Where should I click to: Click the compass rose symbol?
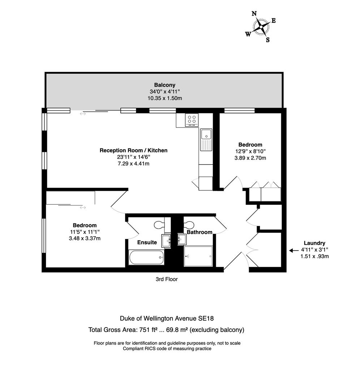pyautogui.click(x=261, y=27)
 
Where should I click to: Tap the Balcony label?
pyautogui.click(x=164, y=85)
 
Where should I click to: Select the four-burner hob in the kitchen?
pyautogui.click(x=192, y=120)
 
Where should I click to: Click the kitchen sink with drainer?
pyautogui.click(x=206, y=140)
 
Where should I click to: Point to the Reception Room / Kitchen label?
pyautogui.click(x=133, y=150)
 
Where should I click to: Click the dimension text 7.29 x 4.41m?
pyautogui.click(x=133, y=164)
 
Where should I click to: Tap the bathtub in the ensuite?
pyautogui.click(x=146, y=257)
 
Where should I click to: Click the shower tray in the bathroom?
pyautogui.click(x=198, y=256)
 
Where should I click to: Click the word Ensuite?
pyautogui.click(x=147, y=242)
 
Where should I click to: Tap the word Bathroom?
pyautogui.click(x=200, y=232)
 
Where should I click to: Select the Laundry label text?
pyautogui.click(x=314, y=243)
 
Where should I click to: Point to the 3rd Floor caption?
pyautogui.click(x=167, y=279)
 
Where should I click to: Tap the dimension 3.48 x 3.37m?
pyautogui.click(x=84, y=238)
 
